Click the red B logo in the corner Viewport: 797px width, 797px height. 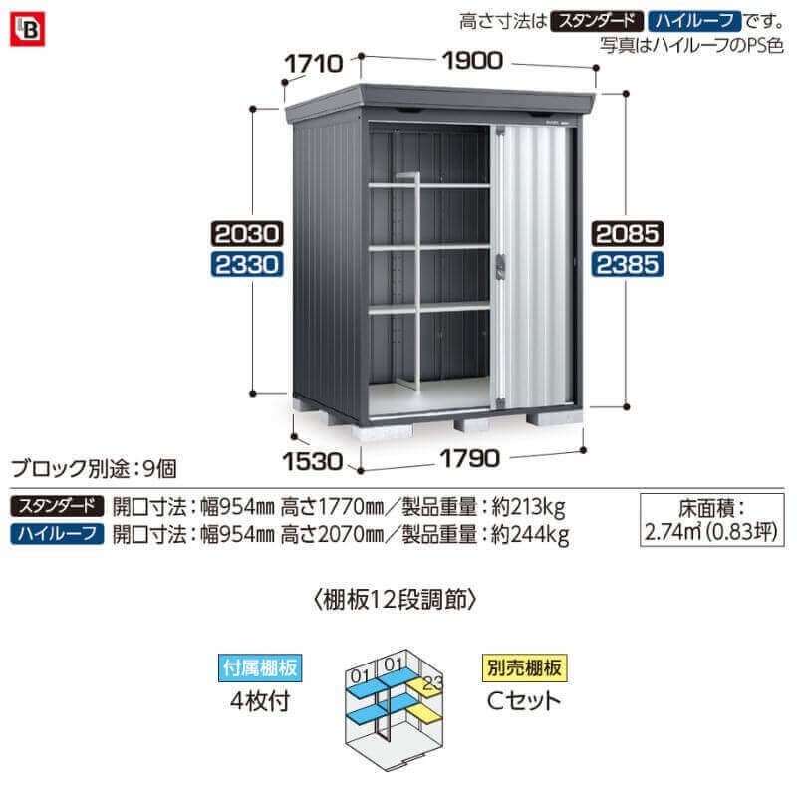28,30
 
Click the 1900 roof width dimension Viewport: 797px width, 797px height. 472,61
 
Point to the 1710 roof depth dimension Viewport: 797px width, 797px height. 313,64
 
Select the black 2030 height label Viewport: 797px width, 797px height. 247,234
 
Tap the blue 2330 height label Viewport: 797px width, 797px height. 247,264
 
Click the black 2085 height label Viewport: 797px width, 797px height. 628,234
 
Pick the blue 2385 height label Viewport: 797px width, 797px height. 628,264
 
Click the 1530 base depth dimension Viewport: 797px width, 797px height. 312,461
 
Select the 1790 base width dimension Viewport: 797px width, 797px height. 470,459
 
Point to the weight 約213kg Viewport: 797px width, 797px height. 529,507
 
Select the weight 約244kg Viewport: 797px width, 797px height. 530,535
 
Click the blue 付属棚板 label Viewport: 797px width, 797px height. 260,667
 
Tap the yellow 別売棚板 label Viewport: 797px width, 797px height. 524,667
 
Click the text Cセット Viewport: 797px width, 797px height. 524,701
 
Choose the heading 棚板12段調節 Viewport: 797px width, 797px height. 396,600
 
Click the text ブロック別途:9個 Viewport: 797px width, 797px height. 94,468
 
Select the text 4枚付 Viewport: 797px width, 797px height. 260,701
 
